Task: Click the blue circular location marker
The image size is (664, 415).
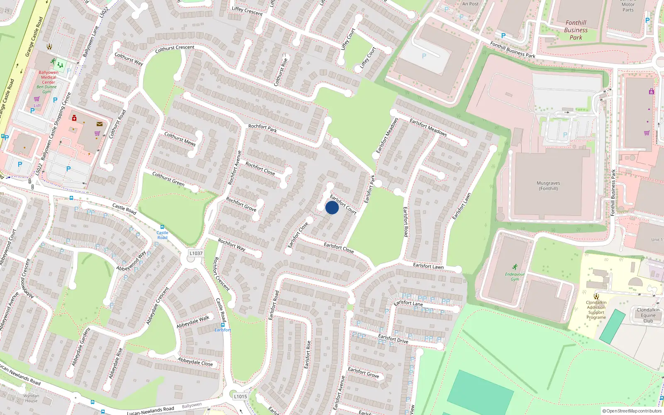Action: click(332, 207)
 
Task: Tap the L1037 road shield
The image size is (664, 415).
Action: click(196, 253)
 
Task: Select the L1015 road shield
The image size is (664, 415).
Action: click(240, 396)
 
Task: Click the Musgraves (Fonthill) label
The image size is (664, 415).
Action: click(548, 186)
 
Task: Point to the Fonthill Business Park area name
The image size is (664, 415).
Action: click(576, 30)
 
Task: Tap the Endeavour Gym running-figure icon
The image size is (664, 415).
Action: click(515, 267)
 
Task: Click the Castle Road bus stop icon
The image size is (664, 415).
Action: click(162, 227)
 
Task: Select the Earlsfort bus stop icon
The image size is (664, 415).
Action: click(223, 325)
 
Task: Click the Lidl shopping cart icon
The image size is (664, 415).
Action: click(37, 99)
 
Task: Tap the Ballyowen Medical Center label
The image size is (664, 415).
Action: click(49, 77)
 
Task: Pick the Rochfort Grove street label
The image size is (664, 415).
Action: click(241, 204)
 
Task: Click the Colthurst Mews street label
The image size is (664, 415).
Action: click(180, 139)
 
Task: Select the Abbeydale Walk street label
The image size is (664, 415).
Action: click(193, 322)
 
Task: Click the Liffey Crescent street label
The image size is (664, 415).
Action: click(247, 11)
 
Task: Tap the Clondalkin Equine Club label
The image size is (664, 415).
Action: click(648, 315)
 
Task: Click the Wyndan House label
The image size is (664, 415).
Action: click(31, 398)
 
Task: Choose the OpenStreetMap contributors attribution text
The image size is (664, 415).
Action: click(632, 411)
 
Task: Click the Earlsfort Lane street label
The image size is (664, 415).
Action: click(408, 303)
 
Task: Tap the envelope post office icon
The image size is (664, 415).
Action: click(99, 124)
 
